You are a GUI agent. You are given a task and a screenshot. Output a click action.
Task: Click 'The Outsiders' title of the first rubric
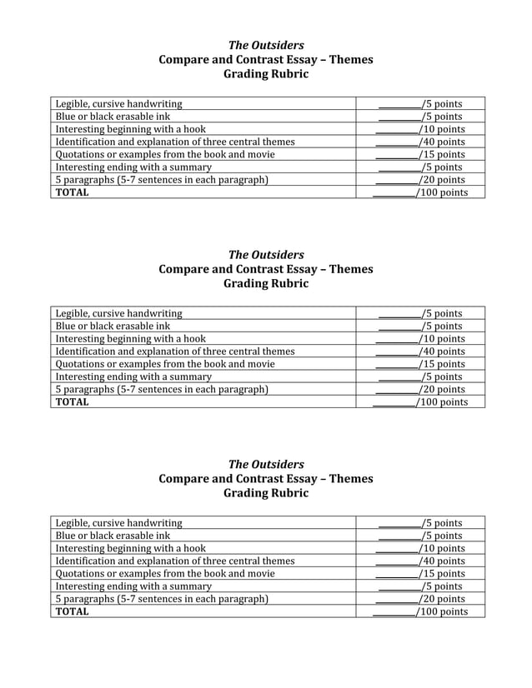(x=266, y=45)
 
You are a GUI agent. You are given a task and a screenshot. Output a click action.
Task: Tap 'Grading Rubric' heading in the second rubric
(x=266, y=284)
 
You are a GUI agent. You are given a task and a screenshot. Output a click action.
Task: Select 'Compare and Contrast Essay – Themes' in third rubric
(x=266, y=479)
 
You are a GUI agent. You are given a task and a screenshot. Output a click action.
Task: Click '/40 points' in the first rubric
(x=442, y=142)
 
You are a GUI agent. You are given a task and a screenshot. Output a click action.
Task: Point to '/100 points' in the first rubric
(x=442, y=192)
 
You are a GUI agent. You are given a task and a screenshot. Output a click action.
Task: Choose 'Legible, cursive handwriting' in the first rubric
(x=118, y=104)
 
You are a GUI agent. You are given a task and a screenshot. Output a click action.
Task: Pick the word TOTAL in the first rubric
(x=72, y=192)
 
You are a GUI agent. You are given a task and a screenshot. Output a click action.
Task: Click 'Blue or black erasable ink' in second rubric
(x=113, y=327)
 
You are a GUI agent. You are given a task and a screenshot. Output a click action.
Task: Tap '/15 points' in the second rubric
(x=442, y=364)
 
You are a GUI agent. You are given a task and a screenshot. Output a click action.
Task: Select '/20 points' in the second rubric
(x=442, y=389)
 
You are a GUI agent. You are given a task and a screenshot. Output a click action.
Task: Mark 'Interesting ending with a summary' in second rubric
(x=133, y=376)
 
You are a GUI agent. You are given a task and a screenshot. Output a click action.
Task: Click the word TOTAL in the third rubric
(x=72, y=611)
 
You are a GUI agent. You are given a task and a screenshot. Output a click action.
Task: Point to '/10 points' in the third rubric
(x=442, y=548)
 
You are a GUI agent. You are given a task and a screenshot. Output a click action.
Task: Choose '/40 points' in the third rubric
(x=442, y=561)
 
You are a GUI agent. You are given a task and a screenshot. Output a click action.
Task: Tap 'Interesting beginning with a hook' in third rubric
(x=130, y=548)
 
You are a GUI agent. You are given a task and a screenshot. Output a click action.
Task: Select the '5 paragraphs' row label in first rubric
(x=162, y=180)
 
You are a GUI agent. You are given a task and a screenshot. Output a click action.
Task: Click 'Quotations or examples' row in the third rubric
(x=165, y=573)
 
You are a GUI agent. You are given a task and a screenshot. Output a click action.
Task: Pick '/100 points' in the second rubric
(x=442, y=402)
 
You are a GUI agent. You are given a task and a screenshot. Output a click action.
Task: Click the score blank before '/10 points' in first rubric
(x=396, y=129)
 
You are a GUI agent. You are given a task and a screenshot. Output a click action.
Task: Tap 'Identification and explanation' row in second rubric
(x=175, y=351)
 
